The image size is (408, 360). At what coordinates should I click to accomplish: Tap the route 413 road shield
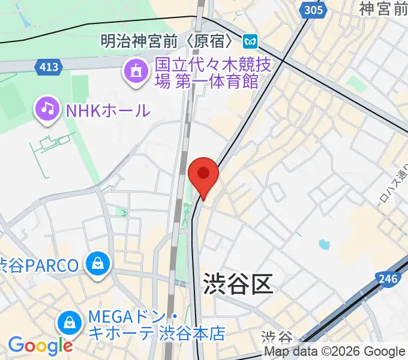tap(49, 67)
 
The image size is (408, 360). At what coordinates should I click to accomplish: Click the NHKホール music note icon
tap(47, 109)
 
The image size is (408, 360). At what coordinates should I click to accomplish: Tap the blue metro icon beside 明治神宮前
tap(250, 41)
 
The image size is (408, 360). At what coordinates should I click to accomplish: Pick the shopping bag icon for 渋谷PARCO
tap(96, 264)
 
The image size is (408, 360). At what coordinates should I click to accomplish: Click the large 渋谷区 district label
tap(238, 282)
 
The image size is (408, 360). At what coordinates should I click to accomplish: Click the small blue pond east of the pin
tap(325, 244)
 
